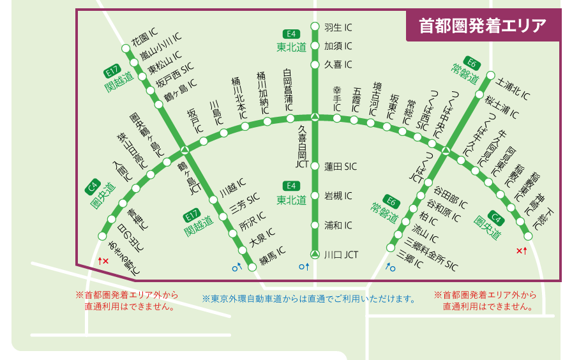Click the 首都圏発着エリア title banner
483,26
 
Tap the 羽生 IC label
338,27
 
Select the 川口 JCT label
341,255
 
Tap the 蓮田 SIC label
340,167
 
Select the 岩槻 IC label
338,196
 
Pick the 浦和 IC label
338,225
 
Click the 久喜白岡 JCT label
303,146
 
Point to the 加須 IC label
338,46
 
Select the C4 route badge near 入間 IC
92,187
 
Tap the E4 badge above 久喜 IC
291,34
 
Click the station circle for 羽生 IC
314,27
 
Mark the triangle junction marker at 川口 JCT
314,255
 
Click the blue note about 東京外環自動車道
309,299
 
